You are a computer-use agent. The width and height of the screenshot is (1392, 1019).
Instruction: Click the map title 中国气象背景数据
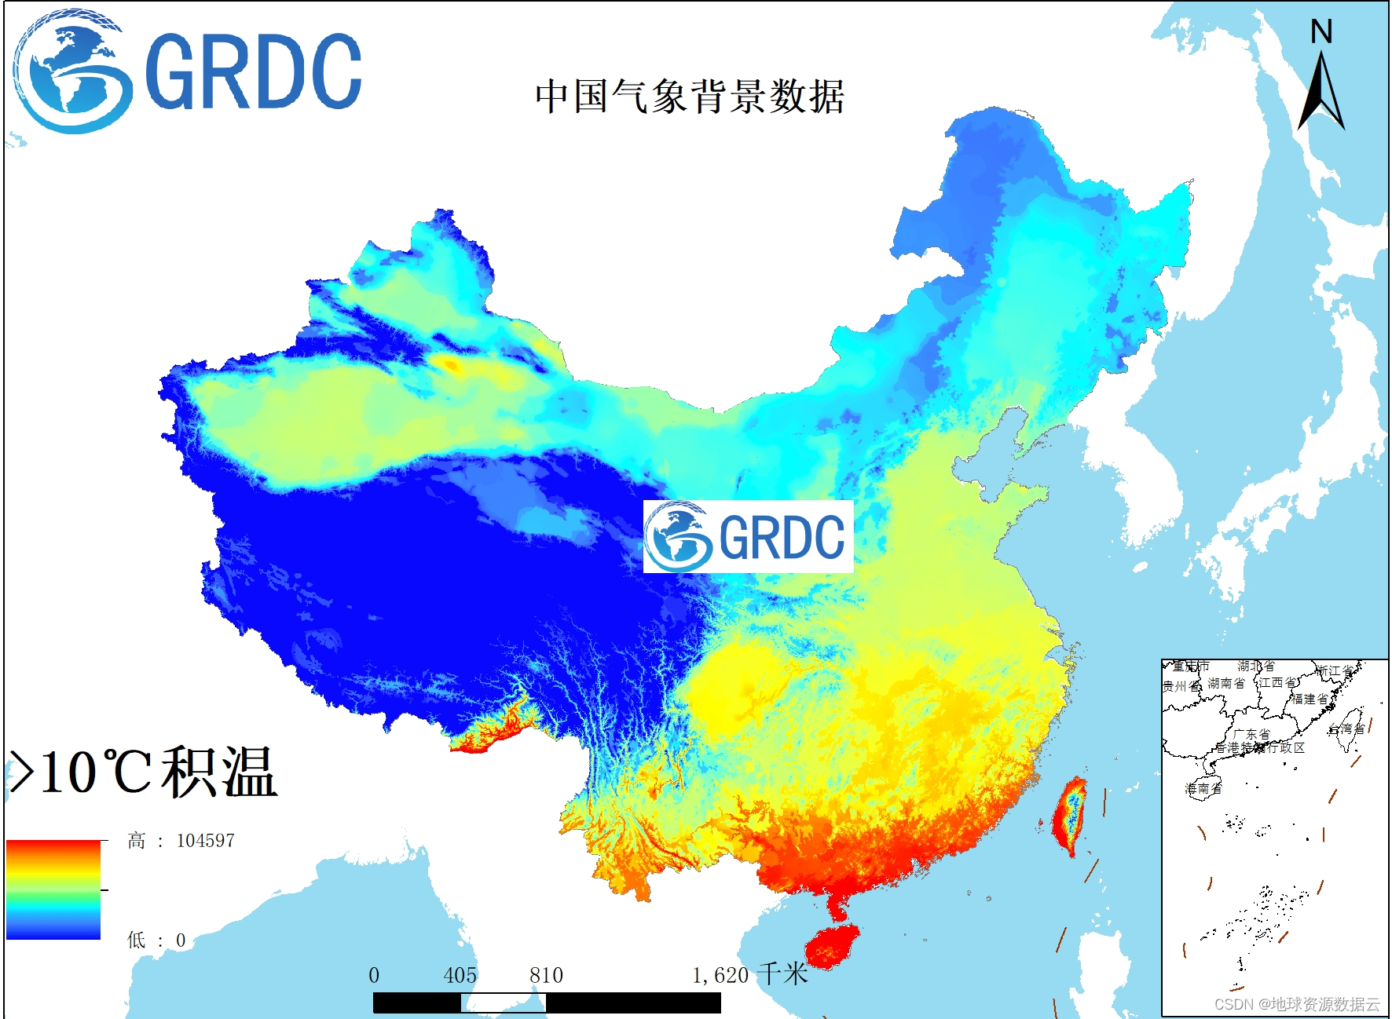(x=690, y=97)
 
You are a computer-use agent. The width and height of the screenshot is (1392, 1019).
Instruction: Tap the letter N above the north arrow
(x=1321, y=31)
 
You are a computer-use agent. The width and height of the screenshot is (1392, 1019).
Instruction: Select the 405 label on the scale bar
(x=460, y=975)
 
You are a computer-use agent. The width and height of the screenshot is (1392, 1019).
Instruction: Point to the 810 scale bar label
(x=546, y=975)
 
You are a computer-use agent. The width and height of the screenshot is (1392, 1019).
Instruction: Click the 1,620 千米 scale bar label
(x=749, y=975)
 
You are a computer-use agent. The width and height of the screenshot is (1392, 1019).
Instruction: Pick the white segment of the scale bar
(x=503, y=1003)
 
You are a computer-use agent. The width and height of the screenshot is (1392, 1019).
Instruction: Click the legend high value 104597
(x=205, y=841)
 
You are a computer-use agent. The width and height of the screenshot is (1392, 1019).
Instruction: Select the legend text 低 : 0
(x=156, y=940)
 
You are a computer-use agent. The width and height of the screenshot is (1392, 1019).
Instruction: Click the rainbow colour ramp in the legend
(x=53, y=889)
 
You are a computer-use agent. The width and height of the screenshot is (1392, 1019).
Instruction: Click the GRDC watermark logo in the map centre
(x=748, y=537)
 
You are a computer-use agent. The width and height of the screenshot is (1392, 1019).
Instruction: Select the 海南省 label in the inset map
(x=1203, y=788)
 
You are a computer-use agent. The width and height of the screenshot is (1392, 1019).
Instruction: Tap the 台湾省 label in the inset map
(x=1346, y=729)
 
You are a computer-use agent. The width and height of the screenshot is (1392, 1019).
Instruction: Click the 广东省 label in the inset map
(x=1251, y=734)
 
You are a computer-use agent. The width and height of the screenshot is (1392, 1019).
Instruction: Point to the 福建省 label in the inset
(x=1310, y=699)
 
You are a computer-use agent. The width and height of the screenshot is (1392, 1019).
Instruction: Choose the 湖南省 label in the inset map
(x=1226, y=683)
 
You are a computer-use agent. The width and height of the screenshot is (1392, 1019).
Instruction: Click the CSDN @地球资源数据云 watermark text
(x=1297, y=1004)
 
